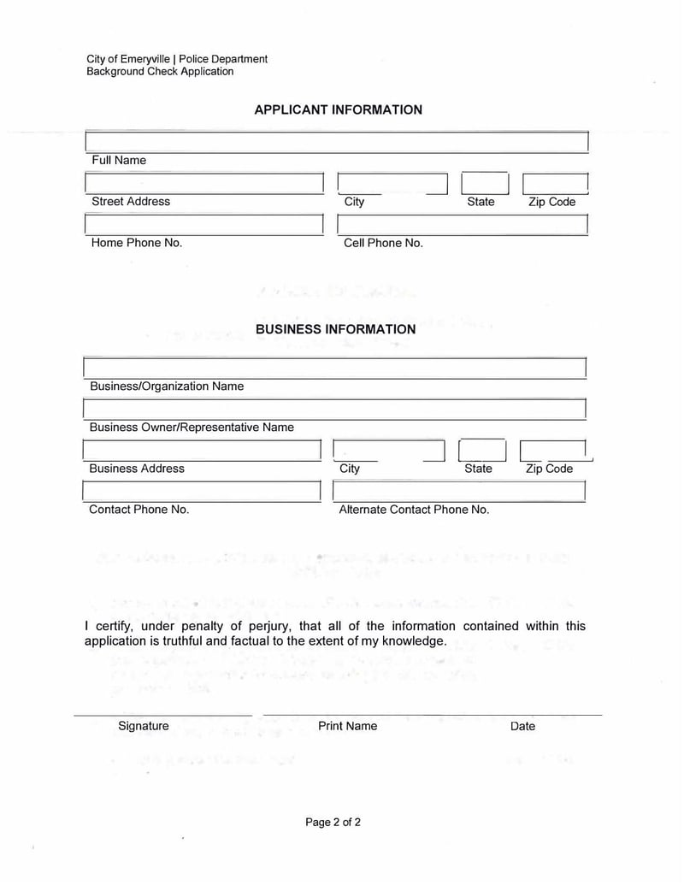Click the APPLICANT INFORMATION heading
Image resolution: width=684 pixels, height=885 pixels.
point(338,110)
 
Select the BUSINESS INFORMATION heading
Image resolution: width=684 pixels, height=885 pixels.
point(335,329)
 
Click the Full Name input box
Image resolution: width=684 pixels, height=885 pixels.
point(337,142)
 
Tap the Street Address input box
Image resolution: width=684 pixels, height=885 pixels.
point(204,183)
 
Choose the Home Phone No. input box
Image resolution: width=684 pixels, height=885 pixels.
point(204,224)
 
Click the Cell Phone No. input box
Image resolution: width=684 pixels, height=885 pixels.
point(463,224)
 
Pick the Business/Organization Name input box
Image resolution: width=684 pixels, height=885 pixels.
point(334,368)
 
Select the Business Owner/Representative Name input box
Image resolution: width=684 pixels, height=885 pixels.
point(334,409)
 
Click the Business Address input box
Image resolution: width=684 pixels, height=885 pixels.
point(202,450)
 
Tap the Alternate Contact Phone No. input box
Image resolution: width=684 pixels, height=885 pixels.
point(459,491)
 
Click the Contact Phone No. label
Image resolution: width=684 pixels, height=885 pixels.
point(139,510)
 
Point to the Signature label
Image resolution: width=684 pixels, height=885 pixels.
point(144,726)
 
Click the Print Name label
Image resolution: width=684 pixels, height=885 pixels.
point(347,726)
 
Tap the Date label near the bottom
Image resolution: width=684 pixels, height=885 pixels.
point(522,726)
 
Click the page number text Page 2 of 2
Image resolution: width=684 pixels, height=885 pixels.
point(333,823)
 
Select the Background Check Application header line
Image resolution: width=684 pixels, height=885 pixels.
point(160,72)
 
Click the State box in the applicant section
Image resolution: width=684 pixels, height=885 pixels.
point(485,183)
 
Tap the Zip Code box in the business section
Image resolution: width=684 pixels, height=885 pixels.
point(552,450)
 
